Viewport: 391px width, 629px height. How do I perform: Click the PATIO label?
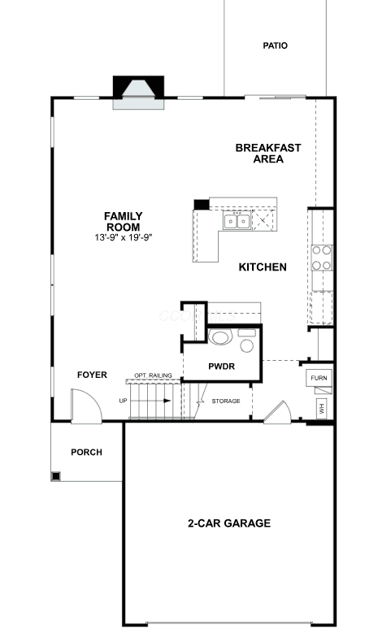[x=275, y=46]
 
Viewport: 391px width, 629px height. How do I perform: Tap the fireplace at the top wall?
[x=138, y=93]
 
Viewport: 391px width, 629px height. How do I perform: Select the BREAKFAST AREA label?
[x=268, y=154]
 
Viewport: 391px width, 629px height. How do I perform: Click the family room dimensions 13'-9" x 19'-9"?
[x=124, y=237]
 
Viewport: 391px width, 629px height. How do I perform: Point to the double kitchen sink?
[x=237, y=221]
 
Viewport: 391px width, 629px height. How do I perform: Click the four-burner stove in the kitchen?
[x=322, y=258]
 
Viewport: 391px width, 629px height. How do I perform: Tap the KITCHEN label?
[x=263, y=267]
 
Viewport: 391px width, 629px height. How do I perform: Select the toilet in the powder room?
[x=220, y=336]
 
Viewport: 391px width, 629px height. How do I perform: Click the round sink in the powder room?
[x=247, y=346]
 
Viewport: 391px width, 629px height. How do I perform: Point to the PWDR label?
[x=222, y=367]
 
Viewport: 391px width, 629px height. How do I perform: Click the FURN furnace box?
[x=319, y=378]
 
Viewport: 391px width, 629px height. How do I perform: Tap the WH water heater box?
[x=322, y=409]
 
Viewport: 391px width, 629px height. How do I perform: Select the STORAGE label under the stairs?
[x=226, y=401]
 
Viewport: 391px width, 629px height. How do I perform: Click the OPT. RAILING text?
[x=153, y=375]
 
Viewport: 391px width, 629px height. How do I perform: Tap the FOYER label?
[x=93, y=375]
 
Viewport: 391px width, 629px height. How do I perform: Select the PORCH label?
[x=87, y=452]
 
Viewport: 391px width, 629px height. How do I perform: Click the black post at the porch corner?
[x=56, y=476]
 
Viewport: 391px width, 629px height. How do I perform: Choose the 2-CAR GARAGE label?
[x=229, y=523]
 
